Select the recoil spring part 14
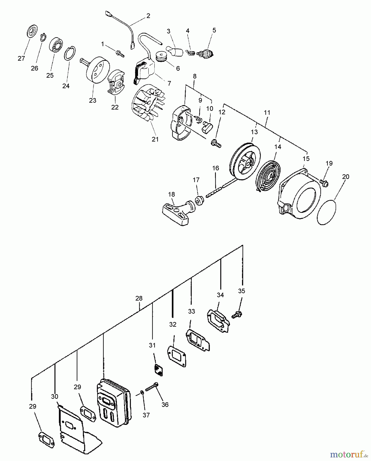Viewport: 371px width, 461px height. pyautogui.click(x=268, y=176)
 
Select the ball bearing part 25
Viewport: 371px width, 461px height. pyautogui.click(x=56, y=45)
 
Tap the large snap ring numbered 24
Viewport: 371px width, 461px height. pyautogui.click(x=70, y=54)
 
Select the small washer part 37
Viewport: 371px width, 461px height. pyautogui.click(x=142, y=393)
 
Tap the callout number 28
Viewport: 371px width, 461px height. pyautogui.click(x=139, y=298)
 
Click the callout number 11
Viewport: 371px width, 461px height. pyautogui.click(x=267, y=112)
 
